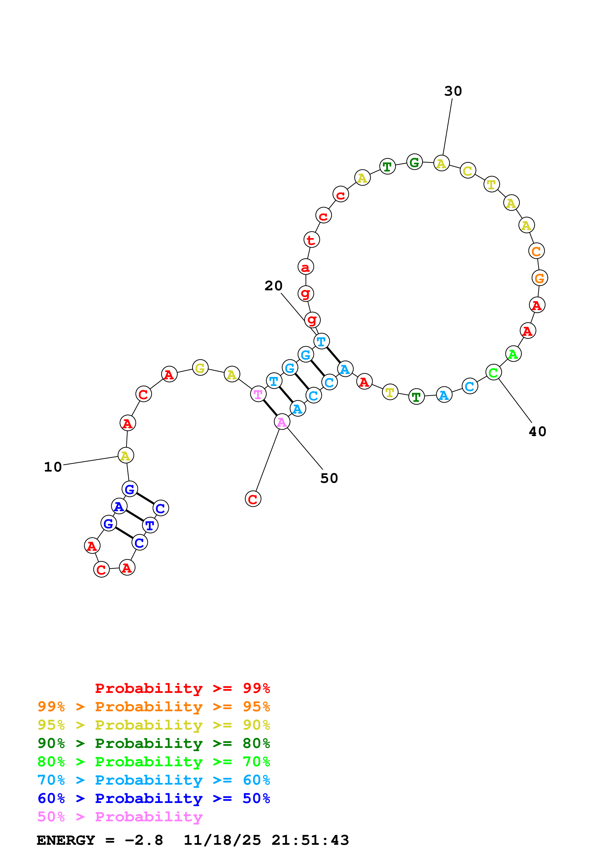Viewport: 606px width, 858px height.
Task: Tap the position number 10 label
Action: (x=53, y=467)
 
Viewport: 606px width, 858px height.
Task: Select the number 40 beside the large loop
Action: (x=537, y=432)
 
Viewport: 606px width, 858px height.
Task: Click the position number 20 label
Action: (x=273, y=286)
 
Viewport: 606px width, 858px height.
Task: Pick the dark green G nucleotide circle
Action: (x=414, y=162)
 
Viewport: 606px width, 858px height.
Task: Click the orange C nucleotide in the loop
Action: (x=536, y=251)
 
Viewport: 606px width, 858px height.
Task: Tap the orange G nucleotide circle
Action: (x=539, y=278)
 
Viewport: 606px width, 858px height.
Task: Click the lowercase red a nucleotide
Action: (x=305, y=267)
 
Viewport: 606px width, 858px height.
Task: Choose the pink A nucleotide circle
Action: (x=282, y=422)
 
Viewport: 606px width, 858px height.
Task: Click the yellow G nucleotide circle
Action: (x=200, y=368)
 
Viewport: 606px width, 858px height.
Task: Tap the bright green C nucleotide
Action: (x=493, y=372)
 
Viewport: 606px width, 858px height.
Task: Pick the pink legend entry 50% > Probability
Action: (x=120, y=816)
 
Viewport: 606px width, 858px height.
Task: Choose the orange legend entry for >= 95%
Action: (x=154, y=706)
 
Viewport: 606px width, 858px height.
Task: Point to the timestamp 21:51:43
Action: (x=310, y=840)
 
